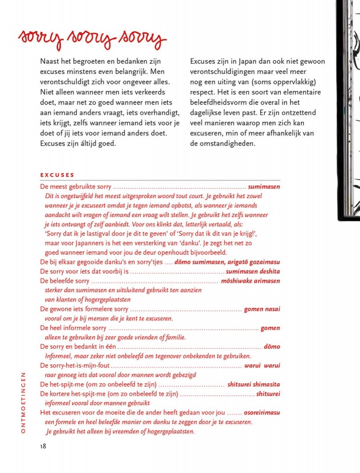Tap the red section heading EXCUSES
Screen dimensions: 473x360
click(x=57, y=175)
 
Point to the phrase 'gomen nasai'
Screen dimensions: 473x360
click(x=262, y=309)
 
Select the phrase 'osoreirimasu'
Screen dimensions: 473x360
click(x=261, y=413)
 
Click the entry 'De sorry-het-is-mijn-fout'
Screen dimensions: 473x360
click(x=74, y=365)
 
